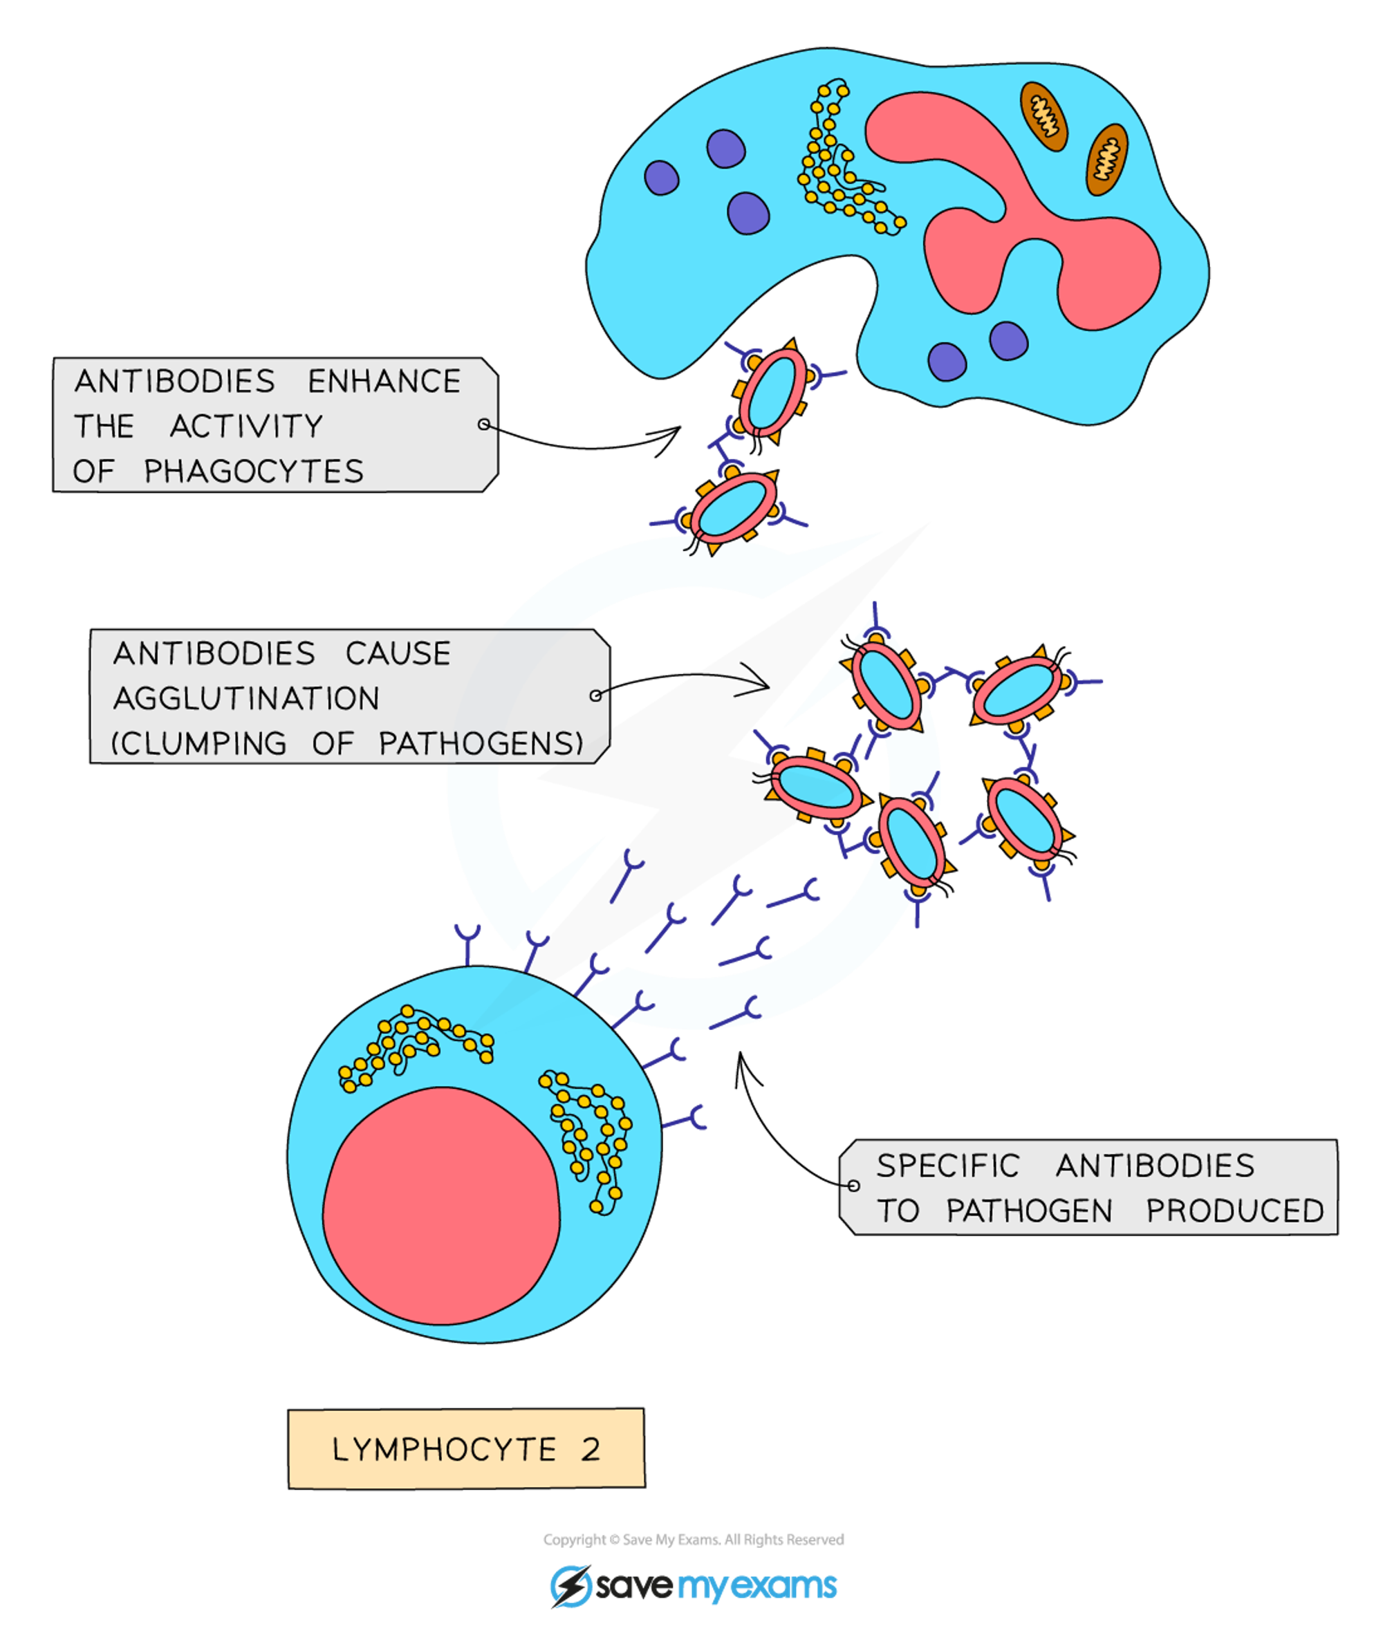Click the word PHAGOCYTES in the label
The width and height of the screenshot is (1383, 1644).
(254, 472)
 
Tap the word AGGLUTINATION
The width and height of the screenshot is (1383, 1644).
(246, 698)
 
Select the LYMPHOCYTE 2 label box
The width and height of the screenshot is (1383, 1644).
(467, 1449)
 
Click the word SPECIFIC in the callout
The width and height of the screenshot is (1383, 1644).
(948, 1166)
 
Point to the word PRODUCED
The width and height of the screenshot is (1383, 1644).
(1235, 1211)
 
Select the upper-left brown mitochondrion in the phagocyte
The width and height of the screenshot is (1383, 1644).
(1043, 116)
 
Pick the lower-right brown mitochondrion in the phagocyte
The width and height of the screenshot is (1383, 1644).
(1106, 159)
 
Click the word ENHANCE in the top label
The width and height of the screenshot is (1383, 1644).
(384, 382)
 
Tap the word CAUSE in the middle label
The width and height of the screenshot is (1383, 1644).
(398, 654)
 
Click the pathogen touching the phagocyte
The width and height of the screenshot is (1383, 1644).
(774, 392)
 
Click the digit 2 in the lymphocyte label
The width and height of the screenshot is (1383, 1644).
(591, 1450)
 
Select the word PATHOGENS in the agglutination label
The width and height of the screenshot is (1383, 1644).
(480, 743)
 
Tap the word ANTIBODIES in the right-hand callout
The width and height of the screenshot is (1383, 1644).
(1155, 1166)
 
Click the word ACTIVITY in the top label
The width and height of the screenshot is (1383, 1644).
(246, 427)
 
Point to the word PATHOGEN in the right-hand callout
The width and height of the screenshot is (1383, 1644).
(1030, 1211)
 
